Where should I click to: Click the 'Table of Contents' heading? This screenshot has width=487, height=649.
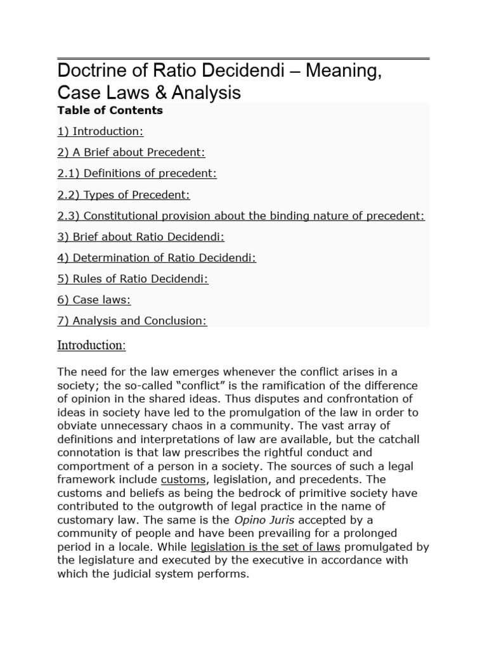110,110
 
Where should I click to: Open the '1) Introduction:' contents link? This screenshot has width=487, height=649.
100,131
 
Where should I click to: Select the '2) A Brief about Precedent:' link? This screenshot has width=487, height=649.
131,152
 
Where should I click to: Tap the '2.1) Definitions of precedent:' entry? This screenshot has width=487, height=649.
137,174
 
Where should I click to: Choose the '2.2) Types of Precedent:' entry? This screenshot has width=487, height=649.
124,195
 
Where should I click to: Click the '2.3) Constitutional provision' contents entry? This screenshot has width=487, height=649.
241,215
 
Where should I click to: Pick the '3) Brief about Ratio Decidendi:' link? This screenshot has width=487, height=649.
141,236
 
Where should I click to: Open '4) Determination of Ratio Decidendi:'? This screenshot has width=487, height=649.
157,257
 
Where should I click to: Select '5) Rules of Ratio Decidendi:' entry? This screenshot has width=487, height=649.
133,279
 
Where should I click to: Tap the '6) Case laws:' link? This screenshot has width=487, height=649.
94,300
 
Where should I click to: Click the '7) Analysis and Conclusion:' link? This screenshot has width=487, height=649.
132,321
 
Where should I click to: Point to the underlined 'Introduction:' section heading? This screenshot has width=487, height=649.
91,345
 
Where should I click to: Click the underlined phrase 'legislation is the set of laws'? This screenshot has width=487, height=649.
266,547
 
